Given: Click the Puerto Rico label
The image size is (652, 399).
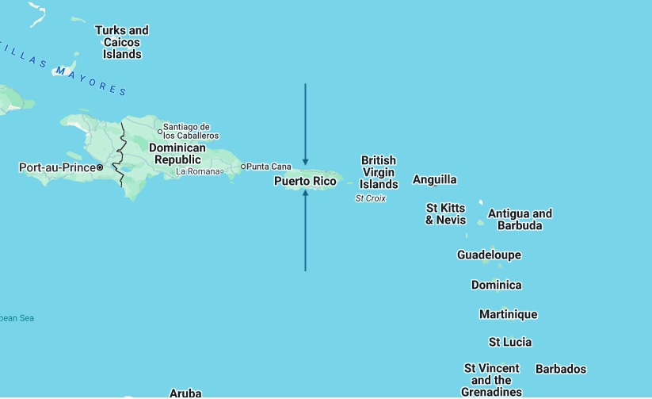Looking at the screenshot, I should pos(305,182).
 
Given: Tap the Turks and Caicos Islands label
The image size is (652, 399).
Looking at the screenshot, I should pos(122,42).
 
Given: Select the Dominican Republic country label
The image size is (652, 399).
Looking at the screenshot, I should pos(177,154).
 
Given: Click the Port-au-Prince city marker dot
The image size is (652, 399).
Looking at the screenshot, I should pos(100,167).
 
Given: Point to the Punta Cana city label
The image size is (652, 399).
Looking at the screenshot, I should pos(269,167).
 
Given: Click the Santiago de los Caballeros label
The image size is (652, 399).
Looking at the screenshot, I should pos(191,131).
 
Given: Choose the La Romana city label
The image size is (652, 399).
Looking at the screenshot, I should pos(196,171).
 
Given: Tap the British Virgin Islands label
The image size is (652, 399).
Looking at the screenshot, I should pos(379,172).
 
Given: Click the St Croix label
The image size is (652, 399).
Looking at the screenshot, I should pos(371,198).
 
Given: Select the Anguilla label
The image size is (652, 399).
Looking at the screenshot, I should pos(435,180).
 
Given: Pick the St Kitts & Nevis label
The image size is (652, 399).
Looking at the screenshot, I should pos(445,214).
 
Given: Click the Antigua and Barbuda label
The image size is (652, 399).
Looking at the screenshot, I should pos(520,219).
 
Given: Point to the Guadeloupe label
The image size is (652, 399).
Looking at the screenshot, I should pos(489,255).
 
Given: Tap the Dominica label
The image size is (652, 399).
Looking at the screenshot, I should pos(496,285).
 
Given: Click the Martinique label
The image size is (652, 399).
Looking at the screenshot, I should pos(508,314).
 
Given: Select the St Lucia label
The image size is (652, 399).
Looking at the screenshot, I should pos(509,342).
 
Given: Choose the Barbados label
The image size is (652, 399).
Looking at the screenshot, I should pos(561,369).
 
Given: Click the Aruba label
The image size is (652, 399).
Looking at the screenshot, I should pos(185,393).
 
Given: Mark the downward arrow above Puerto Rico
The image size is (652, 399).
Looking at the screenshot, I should pos(305,123).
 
